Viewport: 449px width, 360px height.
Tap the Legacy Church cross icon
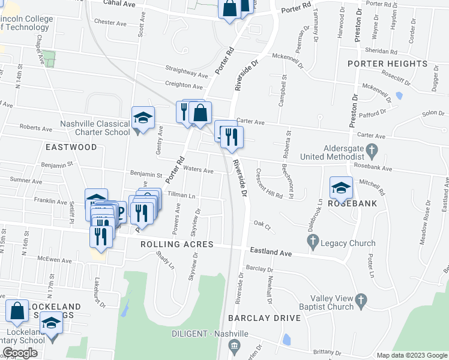point(312,242)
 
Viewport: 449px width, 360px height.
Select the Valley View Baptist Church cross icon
point(360,298)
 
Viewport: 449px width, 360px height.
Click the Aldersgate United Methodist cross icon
point(372,149)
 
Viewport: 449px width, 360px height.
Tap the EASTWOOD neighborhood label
point(71,146)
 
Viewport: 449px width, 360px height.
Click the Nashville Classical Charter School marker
point(143,118)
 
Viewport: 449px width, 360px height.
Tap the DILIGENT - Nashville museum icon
point(235,345)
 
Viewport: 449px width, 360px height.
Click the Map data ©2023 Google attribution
point(412,355)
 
